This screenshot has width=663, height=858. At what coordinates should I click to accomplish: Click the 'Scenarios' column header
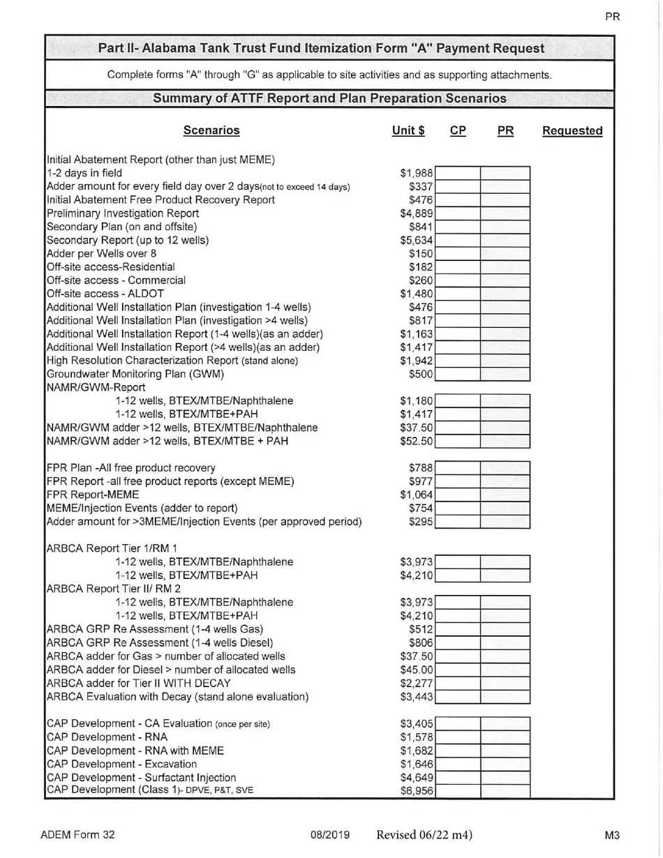pos(211,130)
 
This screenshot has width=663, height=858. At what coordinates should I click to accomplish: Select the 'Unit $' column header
pos(409,130)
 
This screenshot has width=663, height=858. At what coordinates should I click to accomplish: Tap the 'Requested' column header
pos(572,130)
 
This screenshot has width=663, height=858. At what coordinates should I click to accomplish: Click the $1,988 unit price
pos(417,173)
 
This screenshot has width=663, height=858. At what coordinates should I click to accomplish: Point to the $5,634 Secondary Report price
pos(417,241)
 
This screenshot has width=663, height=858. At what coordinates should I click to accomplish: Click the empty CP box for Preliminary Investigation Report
pos(459,213)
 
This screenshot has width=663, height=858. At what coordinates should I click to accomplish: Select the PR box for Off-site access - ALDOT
pos(505,294)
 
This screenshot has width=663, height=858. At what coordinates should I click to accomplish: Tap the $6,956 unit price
pos(417,790)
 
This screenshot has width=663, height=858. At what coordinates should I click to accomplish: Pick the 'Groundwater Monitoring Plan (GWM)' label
pos(135,374)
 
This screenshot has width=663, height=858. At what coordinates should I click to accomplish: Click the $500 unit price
pos(422,374)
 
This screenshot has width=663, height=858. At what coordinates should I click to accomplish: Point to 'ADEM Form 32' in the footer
pos(77,835)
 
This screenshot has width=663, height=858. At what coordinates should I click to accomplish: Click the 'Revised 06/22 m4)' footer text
pos(424,835)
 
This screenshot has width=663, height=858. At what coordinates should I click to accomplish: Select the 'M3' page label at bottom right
pos(613,835)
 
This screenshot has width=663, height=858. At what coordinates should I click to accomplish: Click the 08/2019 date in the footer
pos(330,835)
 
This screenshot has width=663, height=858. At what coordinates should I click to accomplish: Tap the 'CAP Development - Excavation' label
pos(121,764)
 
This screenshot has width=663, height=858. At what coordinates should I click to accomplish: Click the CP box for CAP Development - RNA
pos(459,737)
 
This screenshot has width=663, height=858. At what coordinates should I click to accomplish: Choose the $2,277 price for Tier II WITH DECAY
pos(417,683)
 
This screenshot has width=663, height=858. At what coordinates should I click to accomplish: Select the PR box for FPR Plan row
pos(505,467)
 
